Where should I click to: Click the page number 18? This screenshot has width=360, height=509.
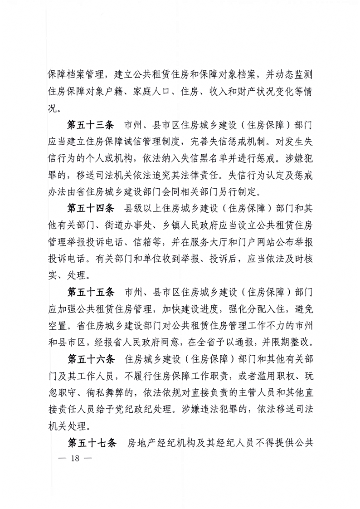[x=76, y=459]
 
